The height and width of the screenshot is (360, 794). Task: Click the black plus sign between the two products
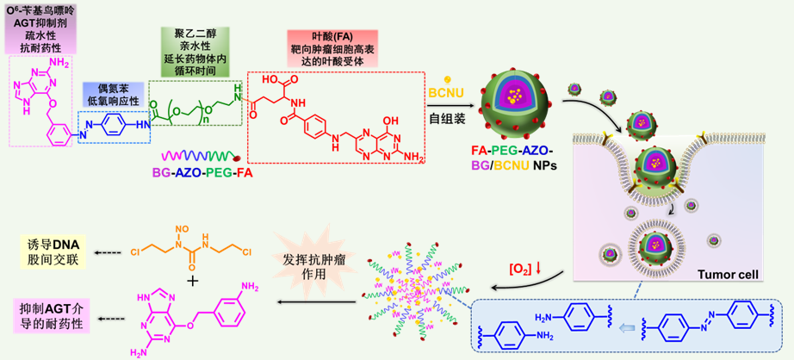pyautogui.click(x=192, y=281)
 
